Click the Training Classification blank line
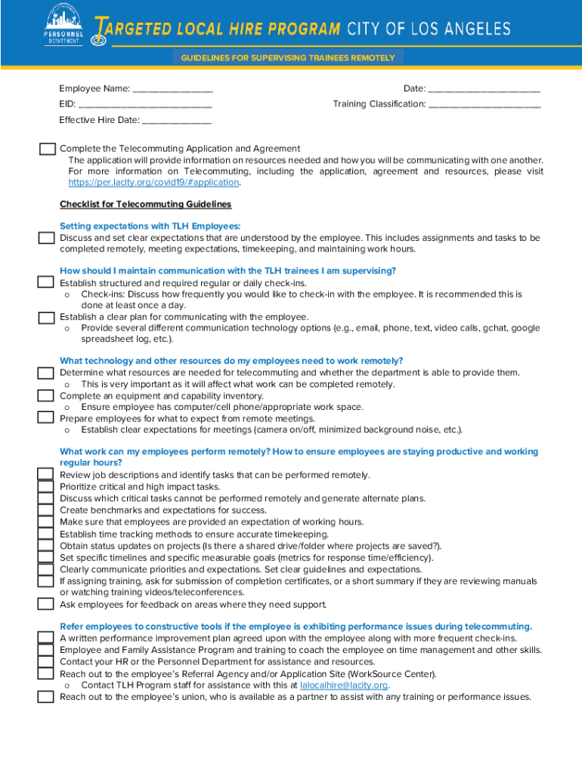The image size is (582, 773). pos(484,105)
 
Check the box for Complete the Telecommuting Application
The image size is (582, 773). pos(47,149)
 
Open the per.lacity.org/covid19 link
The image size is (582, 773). pos(153,183)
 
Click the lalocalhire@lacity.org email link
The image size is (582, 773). pos(344,685)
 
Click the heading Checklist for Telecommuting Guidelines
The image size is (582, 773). pos(145,205)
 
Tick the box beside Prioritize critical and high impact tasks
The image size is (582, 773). pos(46,487)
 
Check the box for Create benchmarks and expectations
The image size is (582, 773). pos(46,510)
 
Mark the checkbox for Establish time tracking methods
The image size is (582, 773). pos(46,534)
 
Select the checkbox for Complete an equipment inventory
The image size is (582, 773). pos(46,396)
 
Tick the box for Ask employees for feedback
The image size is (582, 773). pos(46,604)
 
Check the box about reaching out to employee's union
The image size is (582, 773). pos(46,697)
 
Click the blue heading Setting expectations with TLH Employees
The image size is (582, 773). pos(150,226)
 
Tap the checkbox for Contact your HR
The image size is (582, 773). pos(46,662)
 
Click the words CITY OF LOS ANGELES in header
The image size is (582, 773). pos(429,29)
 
